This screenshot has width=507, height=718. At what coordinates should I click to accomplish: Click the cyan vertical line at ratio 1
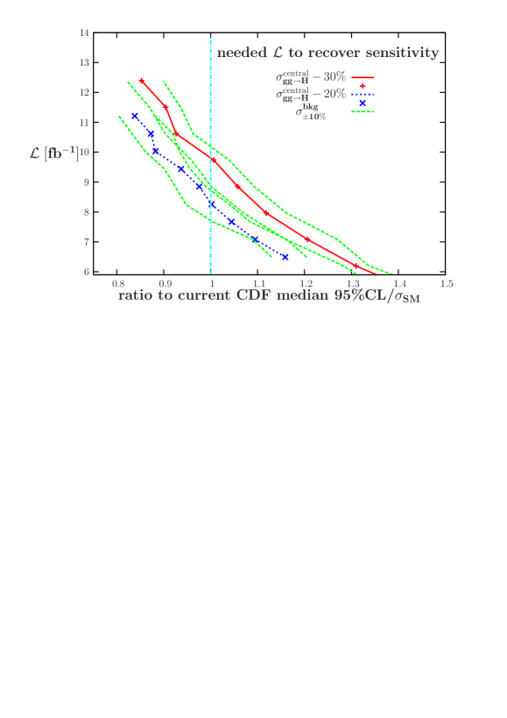211,175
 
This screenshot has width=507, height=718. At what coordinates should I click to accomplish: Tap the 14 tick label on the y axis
85,33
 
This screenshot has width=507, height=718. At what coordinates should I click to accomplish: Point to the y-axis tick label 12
85,93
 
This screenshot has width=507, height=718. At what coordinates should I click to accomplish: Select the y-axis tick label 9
85,182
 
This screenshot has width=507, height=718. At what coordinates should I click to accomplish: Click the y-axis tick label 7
85,242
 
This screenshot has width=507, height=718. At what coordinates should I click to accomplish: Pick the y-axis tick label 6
85,273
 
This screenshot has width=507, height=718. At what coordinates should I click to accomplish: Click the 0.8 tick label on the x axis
118,285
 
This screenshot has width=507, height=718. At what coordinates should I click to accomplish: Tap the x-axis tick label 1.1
258,285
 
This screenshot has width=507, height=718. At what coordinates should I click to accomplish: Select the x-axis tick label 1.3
352,285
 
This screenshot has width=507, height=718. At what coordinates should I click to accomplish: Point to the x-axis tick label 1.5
446,285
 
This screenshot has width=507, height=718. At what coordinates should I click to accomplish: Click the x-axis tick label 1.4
399,285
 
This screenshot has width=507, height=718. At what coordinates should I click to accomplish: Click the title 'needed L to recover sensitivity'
327,53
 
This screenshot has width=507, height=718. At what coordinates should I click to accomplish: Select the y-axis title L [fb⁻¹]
54,153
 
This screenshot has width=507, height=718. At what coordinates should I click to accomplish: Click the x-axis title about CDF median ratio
269,296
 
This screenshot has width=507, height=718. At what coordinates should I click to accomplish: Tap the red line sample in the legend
363,77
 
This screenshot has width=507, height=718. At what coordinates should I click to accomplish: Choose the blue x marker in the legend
362,103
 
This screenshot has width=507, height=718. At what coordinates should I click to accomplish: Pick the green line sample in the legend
363,111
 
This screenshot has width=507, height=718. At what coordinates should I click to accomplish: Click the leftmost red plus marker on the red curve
142,81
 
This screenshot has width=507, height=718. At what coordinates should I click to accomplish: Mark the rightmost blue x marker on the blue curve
285,257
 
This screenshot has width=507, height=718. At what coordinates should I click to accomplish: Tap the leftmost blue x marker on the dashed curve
135,116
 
